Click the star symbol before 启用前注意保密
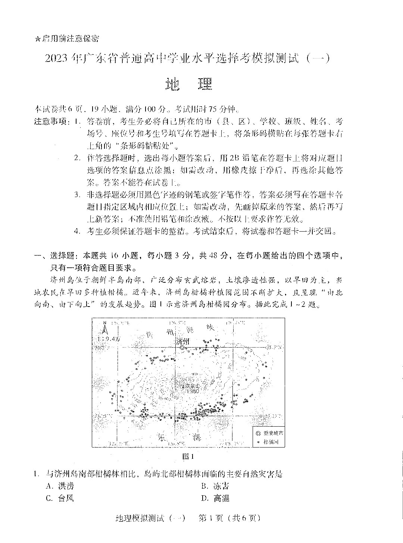coord(37,38)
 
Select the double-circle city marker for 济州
coord(182,348)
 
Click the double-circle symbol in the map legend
coord(258,433)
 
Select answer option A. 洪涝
coord(60,486)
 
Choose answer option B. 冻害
coord(215,486)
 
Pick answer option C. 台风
coord(60,498)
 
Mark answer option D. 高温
coord(215,498)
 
